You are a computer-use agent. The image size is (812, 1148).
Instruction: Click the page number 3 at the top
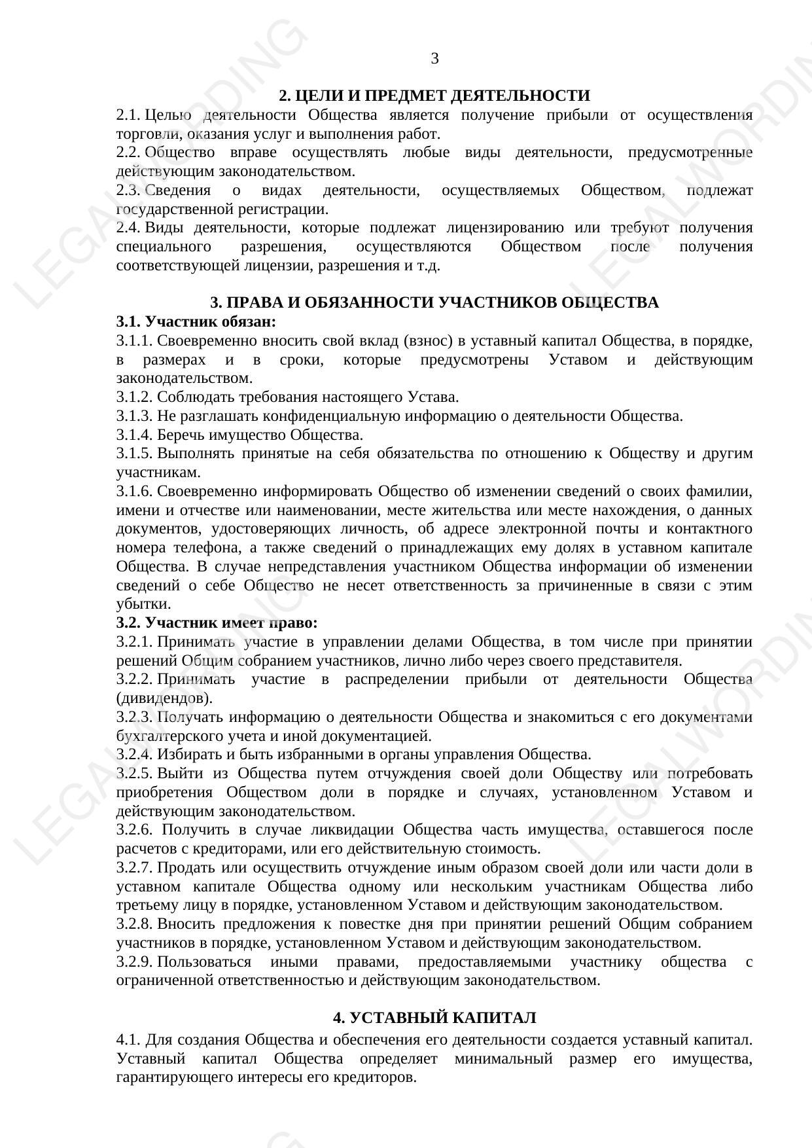434,59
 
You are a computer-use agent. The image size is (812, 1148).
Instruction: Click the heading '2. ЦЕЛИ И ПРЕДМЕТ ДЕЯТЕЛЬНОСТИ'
434,96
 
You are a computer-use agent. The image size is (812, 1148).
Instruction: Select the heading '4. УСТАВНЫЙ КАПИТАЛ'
434,1018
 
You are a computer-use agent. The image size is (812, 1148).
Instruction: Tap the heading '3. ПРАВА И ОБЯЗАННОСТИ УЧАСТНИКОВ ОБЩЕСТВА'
434,303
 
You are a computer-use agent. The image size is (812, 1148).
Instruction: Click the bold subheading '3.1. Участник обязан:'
196,322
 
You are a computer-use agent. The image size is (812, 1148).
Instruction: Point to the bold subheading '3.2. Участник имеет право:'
217,622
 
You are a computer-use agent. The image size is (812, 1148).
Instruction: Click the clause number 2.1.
128,116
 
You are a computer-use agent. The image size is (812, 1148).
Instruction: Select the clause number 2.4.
128,228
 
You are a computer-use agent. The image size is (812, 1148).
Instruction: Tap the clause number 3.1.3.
134,416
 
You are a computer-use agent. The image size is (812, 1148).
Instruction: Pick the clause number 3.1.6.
134,492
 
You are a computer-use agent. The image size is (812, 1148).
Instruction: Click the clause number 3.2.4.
134,755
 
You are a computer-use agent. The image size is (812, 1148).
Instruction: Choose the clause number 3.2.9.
134,962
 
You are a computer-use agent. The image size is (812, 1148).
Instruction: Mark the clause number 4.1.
128,1039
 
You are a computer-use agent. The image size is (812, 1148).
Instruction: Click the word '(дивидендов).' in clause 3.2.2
164,698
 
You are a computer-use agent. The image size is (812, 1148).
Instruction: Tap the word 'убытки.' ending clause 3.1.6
143,604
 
